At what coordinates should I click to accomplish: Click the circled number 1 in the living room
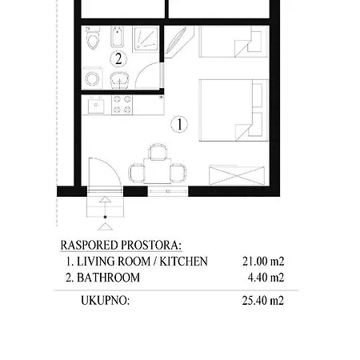[180, 124]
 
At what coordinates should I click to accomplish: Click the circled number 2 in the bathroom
[118, 58]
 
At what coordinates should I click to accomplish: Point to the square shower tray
[146, 38]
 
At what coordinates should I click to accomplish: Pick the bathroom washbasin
[121, 79]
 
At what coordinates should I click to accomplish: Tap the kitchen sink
[98, 105]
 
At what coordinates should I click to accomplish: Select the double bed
[230, 112]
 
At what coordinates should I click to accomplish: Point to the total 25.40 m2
[263, 301]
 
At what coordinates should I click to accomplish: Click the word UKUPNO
[105, 301]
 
